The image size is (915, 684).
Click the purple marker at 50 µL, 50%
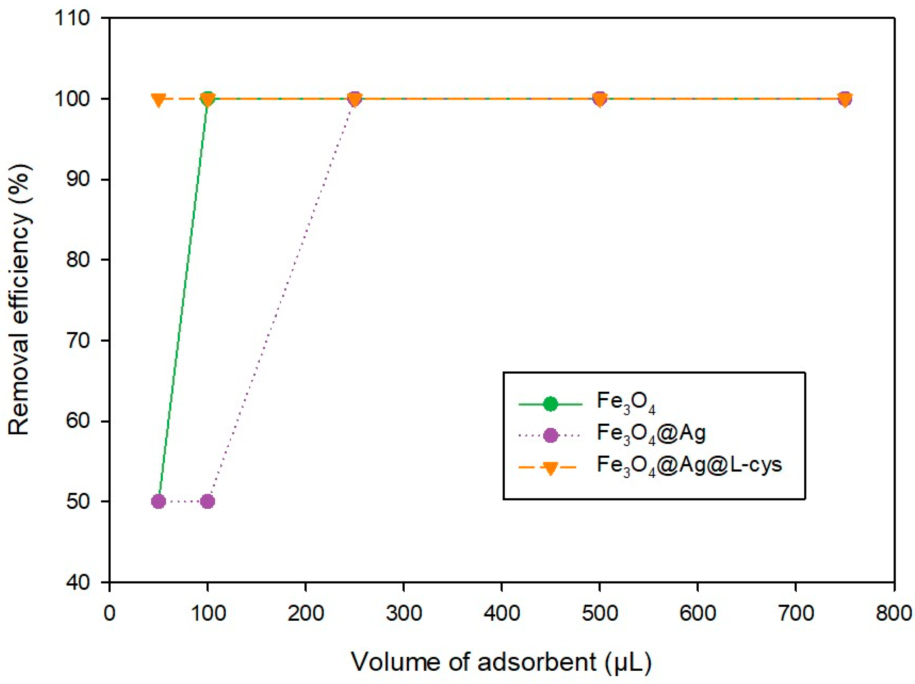point(158,501)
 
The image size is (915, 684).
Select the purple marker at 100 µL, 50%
point(208,501)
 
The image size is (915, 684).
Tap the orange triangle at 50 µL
point(158,100)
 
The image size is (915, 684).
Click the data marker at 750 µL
point(845,99)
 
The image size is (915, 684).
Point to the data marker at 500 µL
point(600,99)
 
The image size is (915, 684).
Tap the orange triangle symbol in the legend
point(551,468)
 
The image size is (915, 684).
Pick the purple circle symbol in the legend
point(551,435)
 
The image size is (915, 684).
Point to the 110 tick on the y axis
point(72,18)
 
